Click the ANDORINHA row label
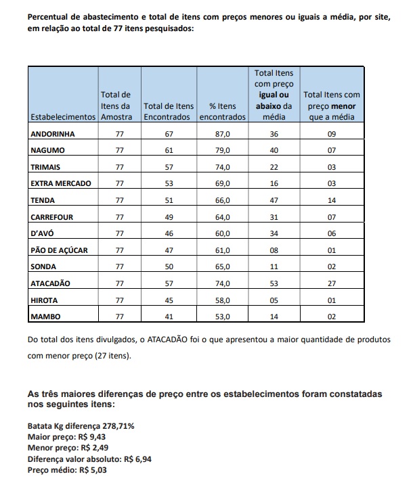coord(53,134)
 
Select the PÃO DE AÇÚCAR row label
coord(60,250)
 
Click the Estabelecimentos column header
coord(64,116)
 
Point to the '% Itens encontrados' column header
coord(222,112)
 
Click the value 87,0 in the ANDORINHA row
coord(223,134)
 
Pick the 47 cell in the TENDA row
coord(274,200)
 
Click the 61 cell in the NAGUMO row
coord(169,151)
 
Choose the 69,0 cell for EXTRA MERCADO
coord(223,184)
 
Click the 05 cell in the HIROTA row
coord(274,300)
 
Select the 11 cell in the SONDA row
coord(274,266)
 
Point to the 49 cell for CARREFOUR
coord(169,217)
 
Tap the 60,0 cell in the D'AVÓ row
coord(223,233)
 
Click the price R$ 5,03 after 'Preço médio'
coord(93,469)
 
